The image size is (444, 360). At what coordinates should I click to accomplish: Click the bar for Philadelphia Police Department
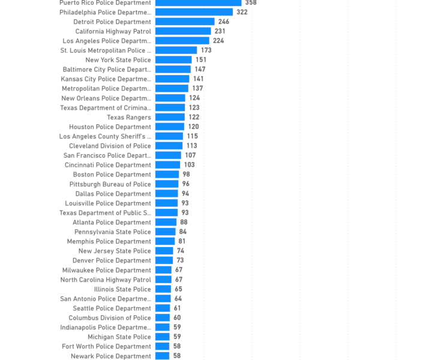(x=194, y=12)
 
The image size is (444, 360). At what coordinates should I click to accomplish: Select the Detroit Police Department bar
(x=185, y=22)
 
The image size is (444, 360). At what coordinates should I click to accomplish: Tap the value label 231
(x=220, y=31)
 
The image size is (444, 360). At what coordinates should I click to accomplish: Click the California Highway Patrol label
(x=113, y=31)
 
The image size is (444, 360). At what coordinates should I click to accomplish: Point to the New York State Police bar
(x=173, y=60)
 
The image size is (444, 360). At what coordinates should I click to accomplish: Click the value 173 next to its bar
(x=206, y=50)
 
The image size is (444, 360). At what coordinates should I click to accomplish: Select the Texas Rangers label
(x=129, y=117)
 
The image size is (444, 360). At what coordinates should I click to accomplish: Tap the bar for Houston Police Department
(x=170, y=127)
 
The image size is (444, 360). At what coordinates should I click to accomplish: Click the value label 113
(x=191, y=146)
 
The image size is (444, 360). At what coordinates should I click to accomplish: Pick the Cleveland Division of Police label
(x=110, y=146)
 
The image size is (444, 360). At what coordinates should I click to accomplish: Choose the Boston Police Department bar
(x=167, y=175)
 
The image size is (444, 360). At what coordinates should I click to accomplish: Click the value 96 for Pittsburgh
(x=185, y=184)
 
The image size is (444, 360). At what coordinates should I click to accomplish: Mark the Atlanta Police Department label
(x=112, y=222)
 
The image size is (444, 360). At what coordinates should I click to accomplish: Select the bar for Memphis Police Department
(x=165, y=241)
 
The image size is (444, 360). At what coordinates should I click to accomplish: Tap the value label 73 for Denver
(x=180, y=260)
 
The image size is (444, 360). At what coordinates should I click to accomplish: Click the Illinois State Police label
(x=122, y=289)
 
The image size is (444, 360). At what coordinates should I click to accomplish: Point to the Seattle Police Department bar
(x=163, y=308)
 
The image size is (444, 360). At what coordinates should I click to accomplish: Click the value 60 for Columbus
(x=177, y=318)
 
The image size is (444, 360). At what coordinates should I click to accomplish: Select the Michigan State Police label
(x=119, y=337)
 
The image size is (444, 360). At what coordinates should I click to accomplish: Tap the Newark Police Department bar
(x=162, y=356)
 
